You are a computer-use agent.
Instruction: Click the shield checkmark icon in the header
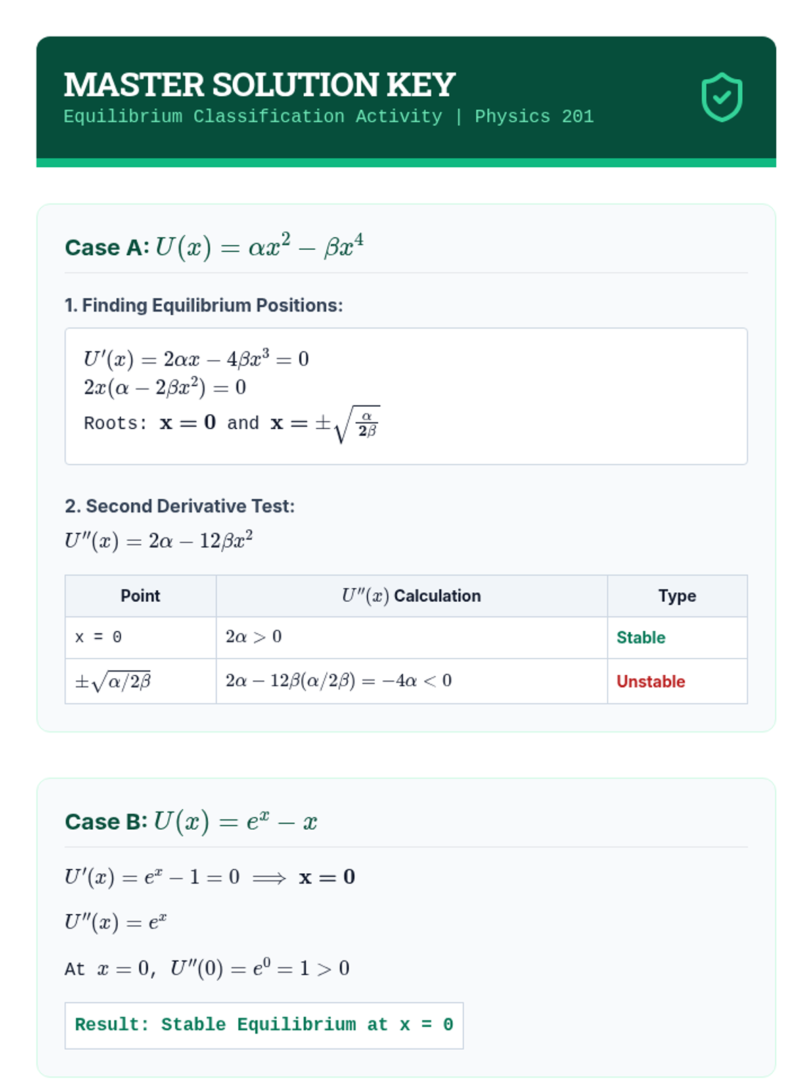click(721, 97)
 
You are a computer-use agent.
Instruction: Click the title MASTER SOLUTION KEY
click(259, 85)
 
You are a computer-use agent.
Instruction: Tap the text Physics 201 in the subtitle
click(534, 116)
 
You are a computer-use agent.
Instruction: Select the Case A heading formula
click(259, 246)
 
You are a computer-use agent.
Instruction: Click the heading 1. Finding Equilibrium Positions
click(204, 305)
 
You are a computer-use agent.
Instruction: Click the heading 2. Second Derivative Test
click(179, 506)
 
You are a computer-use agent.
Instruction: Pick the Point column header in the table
click(140, 596)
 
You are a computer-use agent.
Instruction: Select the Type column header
click(677, 596)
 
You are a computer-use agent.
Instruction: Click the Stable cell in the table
click(641, 638)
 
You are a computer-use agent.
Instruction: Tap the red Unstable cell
click(650, 682)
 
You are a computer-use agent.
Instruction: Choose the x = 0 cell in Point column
click(99, 638)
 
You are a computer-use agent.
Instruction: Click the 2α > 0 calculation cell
click(254, 637)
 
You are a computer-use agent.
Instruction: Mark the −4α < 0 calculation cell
click(338, 681)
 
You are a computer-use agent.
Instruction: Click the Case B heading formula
click(235, 821)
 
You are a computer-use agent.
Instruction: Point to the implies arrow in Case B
click(269, 878)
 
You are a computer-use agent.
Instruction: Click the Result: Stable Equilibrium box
click(264, 1025)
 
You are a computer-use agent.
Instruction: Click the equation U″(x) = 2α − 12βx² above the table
click(159, 541)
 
